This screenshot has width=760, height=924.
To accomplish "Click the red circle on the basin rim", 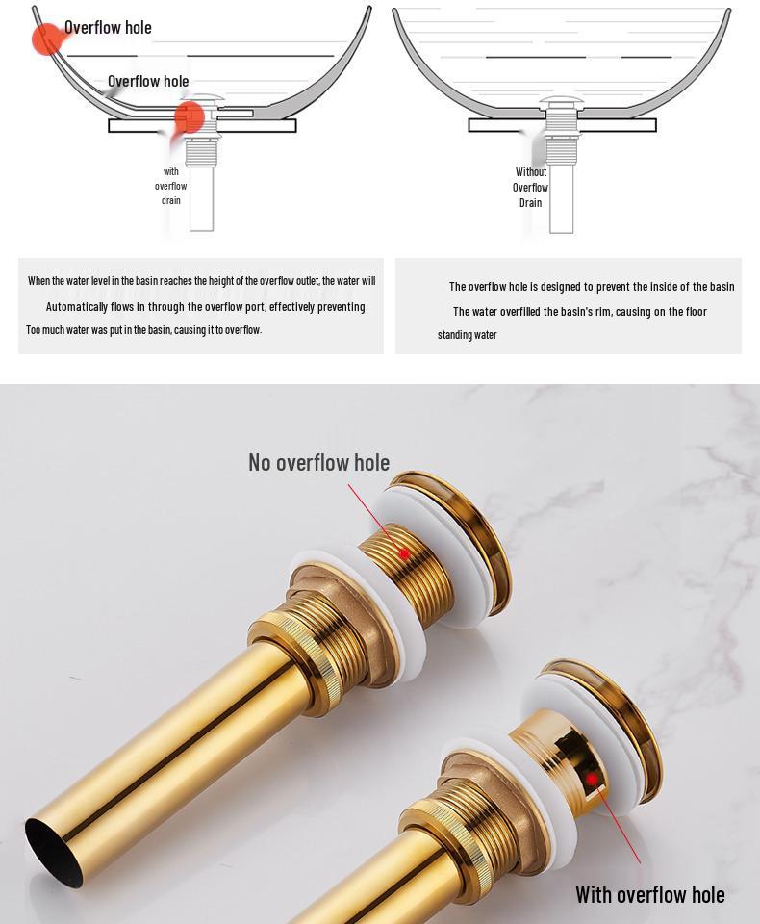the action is point(46,38).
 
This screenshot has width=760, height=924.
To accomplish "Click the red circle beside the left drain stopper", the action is point(190,116).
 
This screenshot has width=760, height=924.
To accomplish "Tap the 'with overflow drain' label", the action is point(171,186).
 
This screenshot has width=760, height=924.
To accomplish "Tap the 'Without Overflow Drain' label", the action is point(531,188).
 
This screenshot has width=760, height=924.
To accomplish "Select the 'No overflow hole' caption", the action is point(318,462).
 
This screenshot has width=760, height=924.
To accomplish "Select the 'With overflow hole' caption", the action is point(649,894).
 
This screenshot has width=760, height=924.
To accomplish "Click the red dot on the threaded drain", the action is point(404,554).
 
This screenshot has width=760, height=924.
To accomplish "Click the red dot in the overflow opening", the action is point(593,779).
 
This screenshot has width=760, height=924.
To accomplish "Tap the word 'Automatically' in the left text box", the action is point(78,307).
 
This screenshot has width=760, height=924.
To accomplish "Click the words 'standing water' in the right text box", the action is point(468,335).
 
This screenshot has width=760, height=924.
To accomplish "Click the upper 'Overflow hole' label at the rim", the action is point(108,28).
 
